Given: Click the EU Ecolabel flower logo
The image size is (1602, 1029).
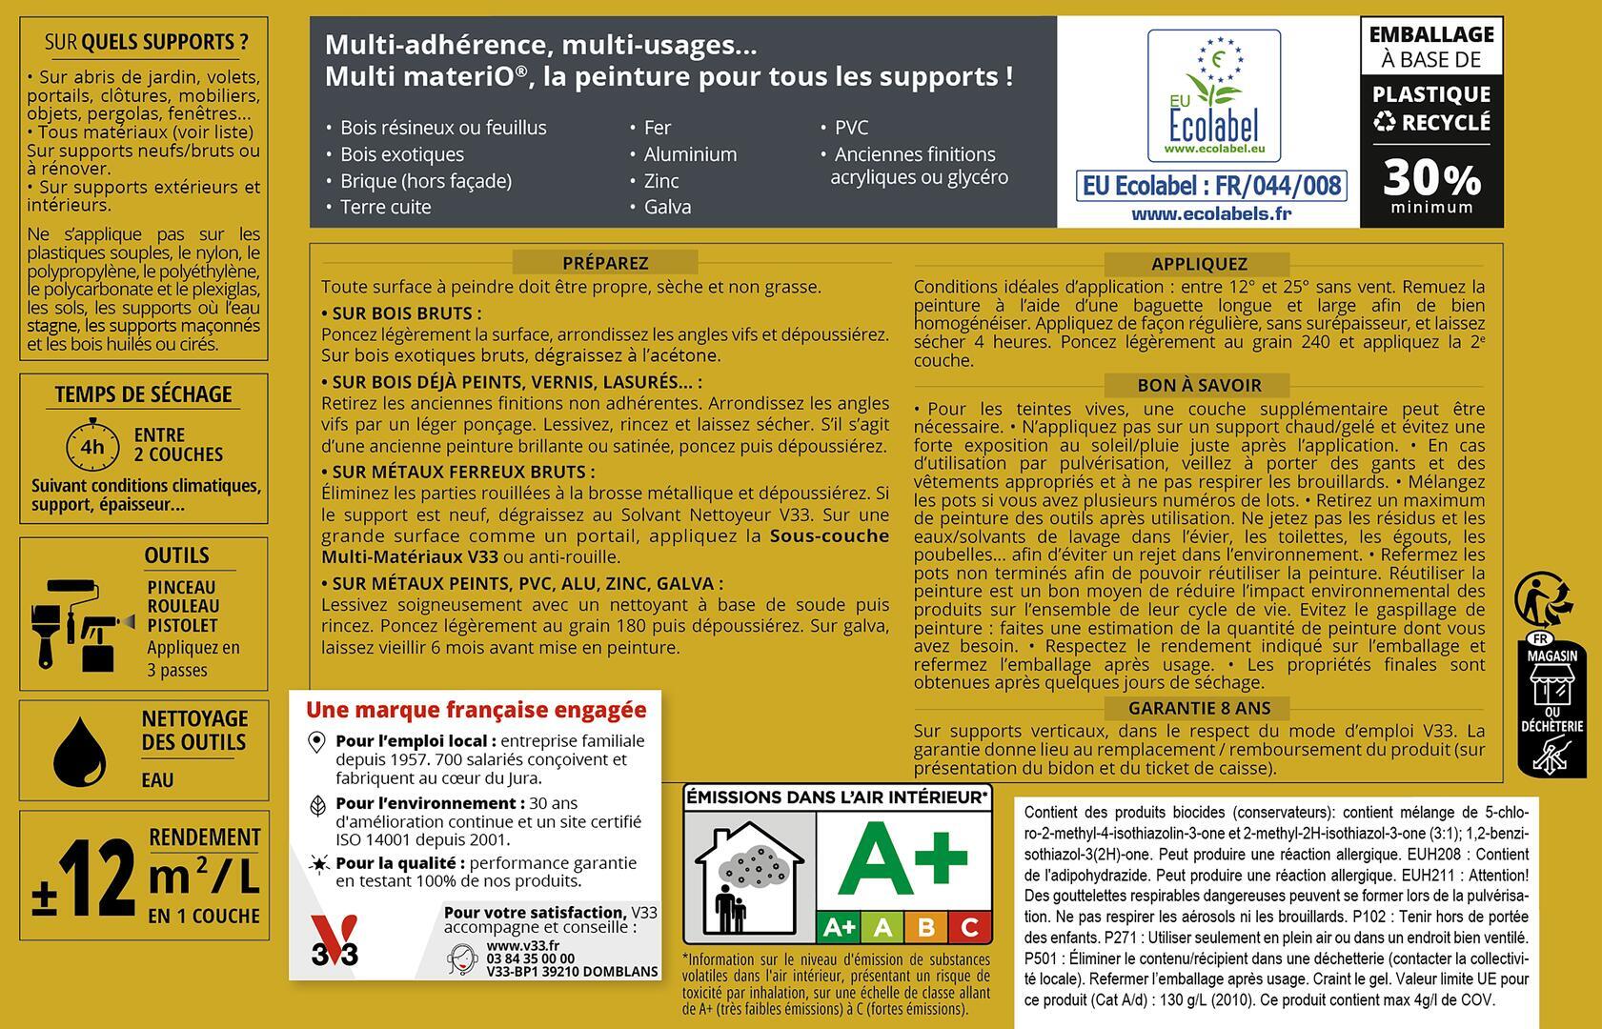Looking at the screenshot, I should tap(1213, 95).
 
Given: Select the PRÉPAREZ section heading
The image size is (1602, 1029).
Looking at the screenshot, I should tap(604, 263).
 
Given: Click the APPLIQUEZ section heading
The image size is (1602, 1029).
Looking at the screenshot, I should tap(1198, 264).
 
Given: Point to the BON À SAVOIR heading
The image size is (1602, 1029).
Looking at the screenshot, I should tap(1198, 385).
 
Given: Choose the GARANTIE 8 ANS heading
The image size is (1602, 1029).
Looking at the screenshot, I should tap(1198, 708).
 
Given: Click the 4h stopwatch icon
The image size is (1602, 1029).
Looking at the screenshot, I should tap(92, 446).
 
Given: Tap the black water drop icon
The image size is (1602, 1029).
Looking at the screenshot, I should tap(79, 753).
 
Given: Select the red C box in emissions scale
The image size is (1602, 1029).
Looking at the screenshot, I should tap(969, 926).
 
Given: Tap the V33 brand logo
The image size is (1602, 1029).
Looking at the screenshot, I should tap(335, 941).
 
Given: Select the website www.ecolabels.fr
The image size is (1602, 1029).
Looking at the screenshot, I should tap(1210, 213).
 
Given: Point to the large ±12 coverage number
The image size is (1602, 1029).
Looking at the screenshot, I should tap(84, 878).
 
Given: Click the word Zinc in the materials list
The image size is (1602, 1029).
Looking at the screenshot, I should tap(660, 180).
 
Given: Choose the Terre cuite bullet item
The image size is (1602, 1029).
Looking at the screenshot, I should tap(385, 207).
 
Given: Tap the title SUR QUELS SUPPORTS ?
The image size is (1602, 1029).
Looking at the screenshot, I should tap(146, 42).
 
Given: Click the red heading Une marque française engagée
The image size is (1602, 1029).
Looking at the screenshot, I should tap(476, 710).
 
